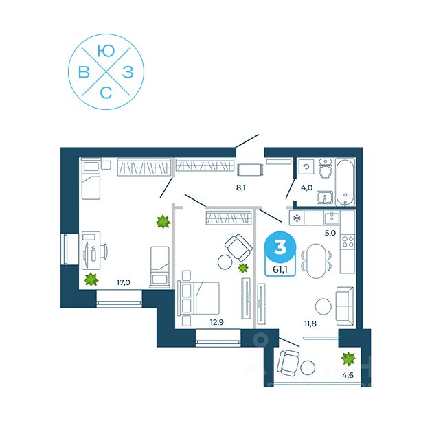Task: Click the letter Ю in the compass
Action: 106,51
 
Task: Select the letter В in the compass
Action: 84,72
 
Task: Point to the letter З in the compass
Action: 128,72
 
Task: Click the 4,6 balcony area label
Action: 349,374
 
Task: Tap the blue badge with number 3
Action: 280,246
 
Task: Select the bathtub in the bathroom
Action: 345,183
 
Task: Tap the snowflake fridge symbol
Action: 297,219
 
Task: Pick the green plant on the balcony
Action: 349,357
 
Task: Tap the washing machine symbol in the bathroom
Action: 306,166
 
